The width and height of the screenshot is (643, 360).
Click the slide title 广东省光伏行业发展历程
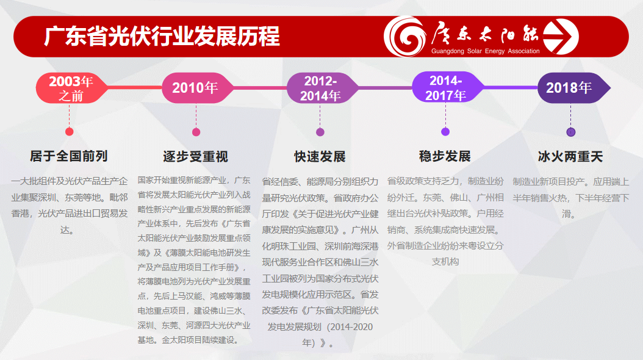point(162,37)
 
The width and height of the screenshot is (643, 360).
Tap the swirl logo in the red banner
point(405,36)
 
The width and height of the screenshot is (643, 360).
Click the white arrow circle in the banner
point(561,37)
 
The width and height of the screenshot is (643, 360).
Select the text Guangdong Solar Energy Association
point(485,51)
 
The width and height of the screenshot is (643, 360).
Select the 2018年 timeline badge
point(573,88)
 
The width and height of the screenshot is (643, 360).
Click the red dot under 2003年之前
point(70,132)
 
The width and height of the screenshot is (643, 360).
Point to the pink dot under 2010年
point(196,132)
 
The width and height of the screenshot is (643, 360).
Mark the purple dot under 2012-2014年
point(320,132)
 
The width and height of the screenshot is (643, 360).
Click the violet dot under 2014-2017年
point(445,132)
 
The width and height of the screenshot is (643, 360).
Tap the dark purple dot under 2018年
point(571,132)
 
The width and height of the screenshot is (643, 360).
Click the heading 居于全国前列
point(69,156)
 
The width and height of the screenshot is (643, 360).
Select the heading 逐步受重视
point(196,157)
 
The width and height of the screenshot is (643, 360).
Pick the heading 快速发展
point(320,157)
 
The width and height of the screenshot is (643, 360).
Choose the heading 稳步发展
point(445,156)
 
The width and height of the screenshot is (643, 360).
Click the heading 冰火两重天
point(570,157)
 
